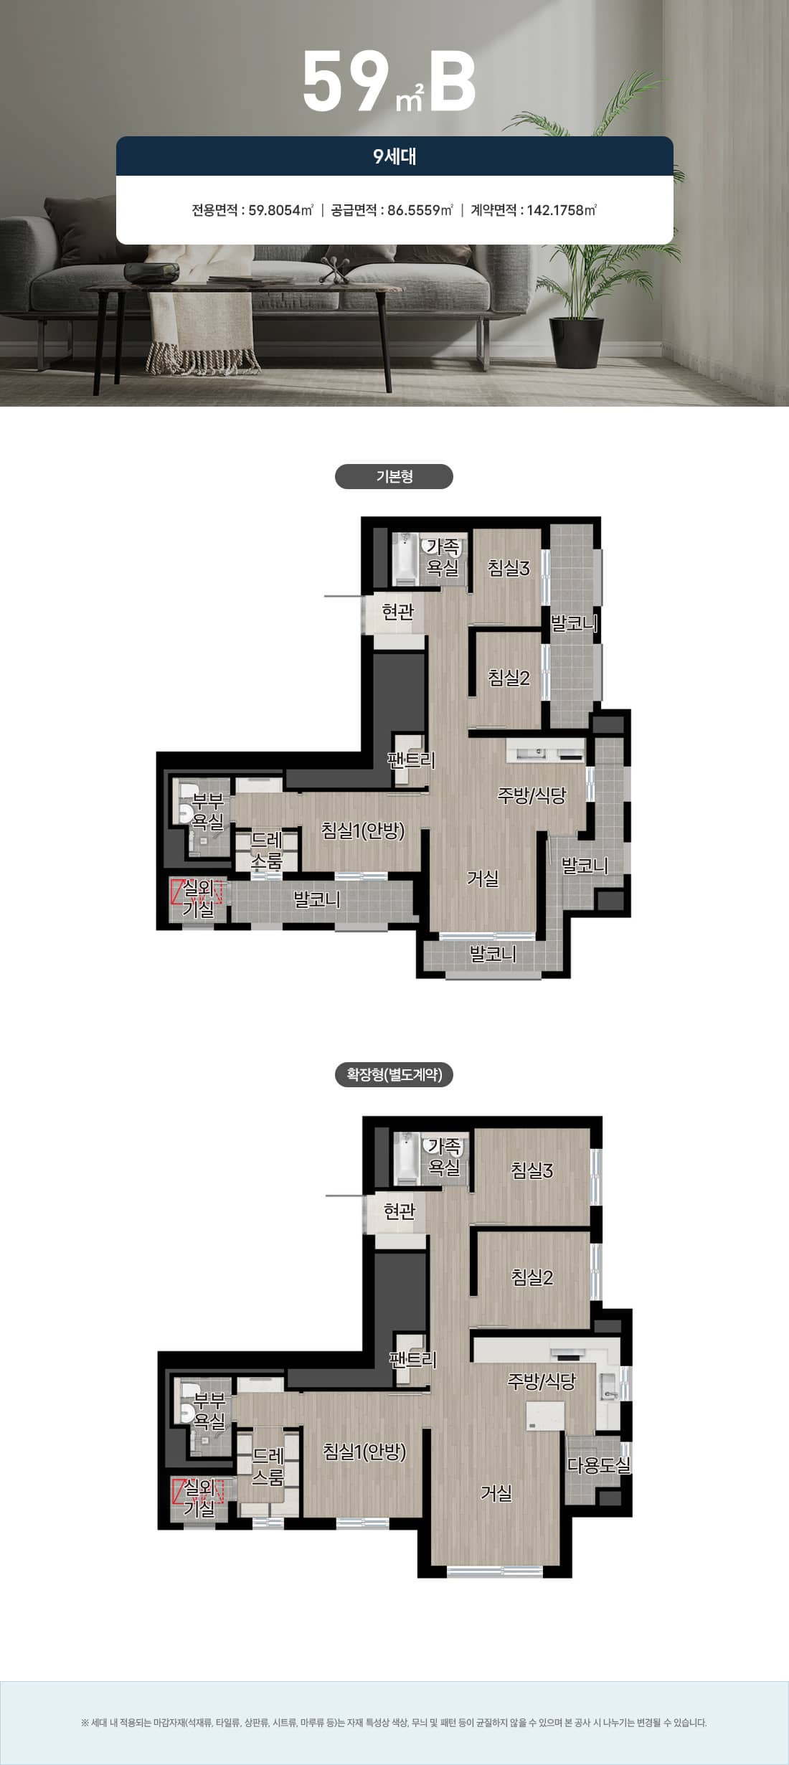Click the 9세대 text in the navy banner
pyautogui.click(x=394, y=156)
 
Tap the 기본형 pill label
pyautogui.click(x=394, y=476)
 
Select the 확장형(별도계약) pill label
pyautogui.click(x=394, y=1074)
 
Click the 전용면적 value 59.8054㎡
pyautogui.click(x=280, y=210)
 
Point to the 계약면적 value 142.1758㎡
pyautogui.click(x=562, y=210)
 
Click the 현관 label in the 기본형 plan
pyautogui.click(x=398, y=612)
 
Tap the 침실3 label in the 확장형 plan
pyautogui.click(x=532, y=1170)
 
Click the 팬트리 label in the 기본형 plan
pyautogui.click(x=411, y=760)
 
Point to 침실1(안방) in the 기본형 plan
pyautogui.click(x=363, y=831)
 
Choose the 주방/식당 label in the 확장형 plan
pyautogui.click(x=542, y=1381)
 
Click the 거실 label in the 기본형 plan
pyautogui.click(x=483, y=878)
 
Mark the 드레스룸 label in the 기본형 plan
pyautogui.click(x=266, y=851)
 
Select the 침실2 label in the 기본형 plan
pyautogui.click(x=509, y=678)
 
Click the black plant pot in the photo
pyautogui.click(x=575, y=341)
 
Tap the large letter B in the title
pyautogui.click(x=453, y=81)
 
